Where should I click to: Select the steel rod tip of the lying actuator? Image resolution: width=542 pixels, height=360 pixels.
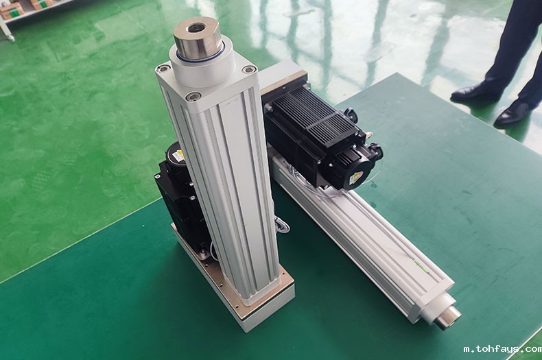[447, 317]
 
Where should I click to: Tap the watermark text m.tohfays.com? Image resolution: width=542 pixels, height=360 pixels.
[502, 349]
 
